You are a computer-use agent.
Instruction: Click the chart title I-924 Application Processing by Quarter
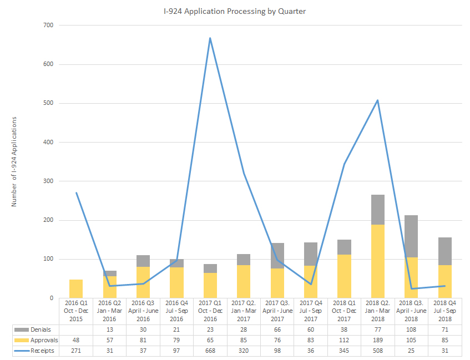click(x=235, y=11)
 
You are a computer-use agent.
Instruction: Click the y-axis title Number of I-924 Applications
click(x=14, y=161)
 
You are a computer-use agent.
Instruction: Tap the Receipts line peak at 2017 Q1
click(x=210, y=38)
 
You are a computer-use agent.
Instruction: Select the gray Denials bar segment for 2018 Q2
click(x=378, y=210)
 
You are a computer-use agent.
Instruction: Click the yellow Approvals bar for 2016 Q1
click(x=76, y=288)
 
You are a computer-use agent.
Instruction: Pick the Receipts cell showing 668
click(x=210, y=351)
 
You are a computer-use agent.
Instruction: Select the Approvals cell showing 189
click(x=378, y=341)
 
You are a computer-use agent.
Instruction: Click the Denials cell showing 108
click(x=411, y=330)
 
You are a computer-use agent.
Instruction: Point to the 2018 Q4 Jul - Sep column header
click(x=445, y=311)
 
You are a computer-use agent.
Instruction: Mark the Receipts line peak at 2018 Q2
click(x=378, y=100)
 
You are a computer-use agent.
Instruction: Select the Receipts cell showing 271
click(x=76, y=351)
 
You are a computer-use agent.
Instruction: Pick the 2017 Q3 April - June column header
click(x=277, y=311)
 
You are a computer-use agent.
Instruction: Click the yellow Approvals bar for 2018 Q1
click(x=345, y=276)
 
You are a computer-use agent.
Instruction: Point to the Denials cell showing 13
click(x=110, y=330)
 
